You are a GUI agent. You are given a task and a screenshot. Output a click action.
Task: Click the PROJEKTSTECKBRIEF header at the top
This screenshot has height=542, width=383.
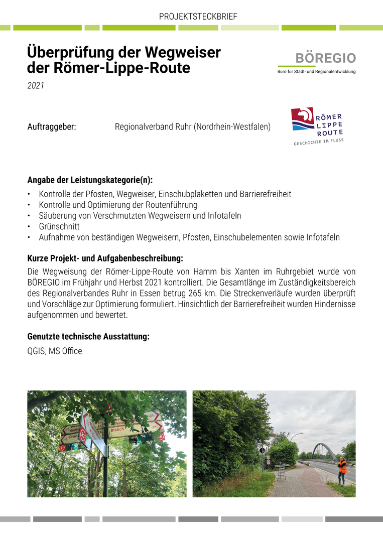(x=198, y=17)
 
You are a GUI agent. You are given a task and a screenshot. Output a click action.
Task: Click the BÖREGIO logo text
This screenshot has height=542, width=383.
(x=325, y=58)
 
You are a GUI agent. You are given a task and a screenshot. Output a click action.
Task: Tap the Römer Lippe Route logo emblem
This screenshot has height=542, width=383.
(x=303, y=119)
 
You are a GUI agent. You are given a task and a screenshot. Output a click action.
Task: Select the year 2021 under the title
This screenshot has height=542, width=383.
(x=36, y=86)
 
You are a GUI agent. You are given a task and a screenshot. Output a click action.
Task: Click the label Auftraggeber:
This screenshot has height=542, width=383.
(x=52, y=127)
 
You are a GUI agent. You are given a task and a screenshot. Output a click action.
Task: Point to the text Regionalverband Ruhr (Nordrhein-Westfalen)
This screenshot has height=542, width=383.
(x=192, y=127)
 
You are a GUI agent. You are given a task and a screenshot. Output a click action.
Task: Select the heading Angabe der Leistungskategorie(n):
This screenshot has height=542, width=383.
(x=90, y=180)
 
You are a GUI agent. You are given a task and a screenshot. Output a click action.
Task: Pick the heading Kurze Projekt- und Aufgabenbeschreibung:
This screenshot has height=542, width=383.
(x=105, y=259)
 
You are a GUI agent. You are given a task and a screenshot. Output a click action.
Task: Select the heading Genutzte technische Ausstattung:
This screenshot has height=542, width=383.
(x=88, y=337)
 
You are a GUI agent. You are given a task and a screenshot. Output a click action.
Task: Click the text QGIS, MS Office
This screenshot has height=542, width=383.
(x=55, y=351)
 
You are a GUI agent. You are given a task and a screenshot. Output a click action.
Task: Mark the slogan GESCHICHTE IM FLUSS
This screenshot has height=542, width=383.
(x=319, y=142)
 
